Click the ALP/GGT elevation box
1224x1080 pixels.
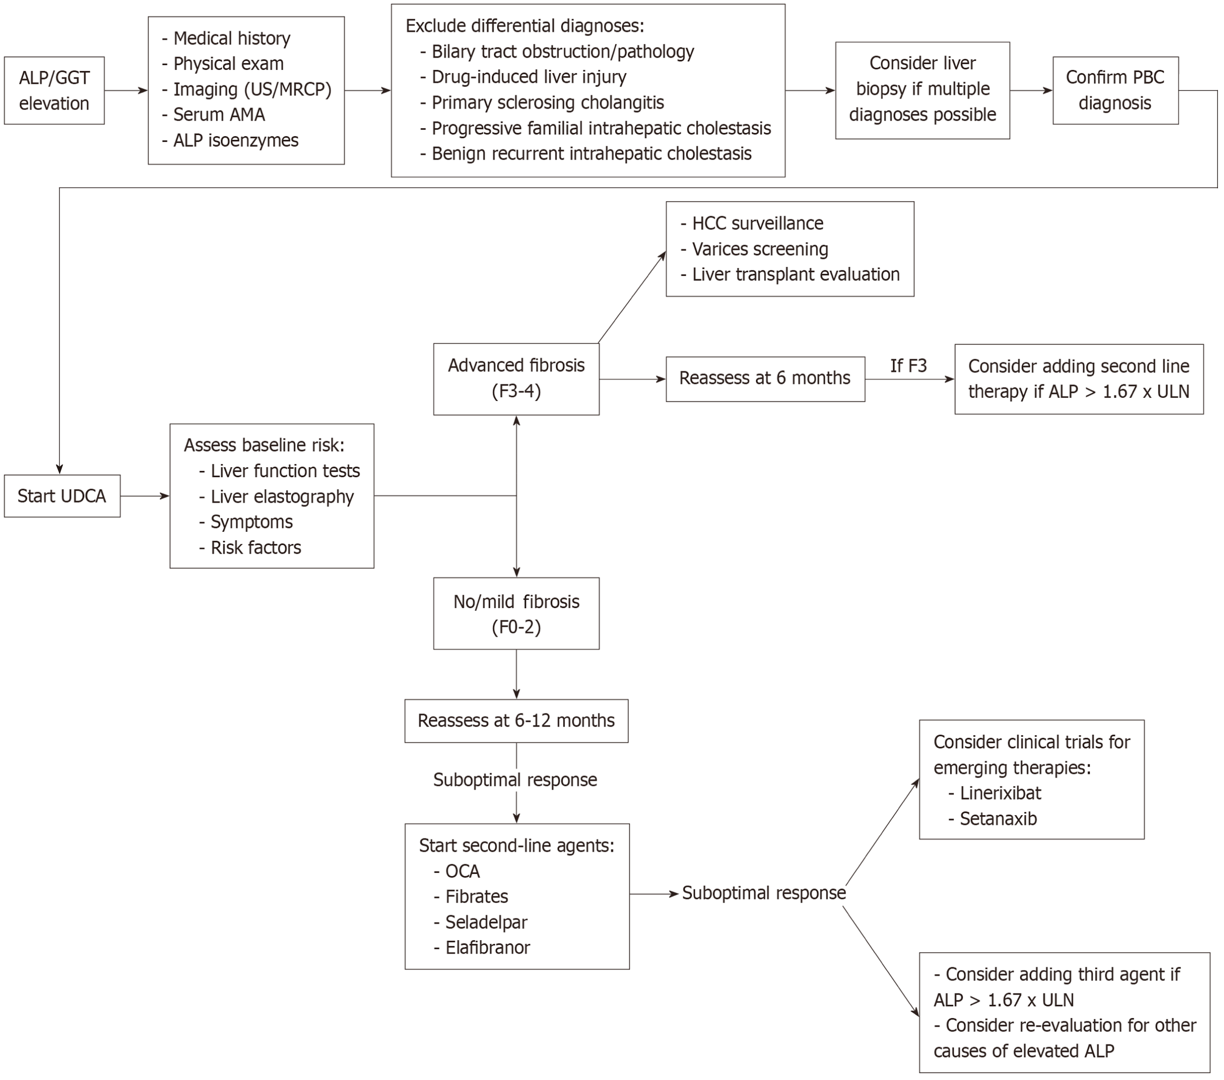[54, 90]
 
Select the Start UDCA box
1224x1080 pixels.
[62, 496]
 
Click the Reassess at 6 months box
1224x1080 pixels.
[765, 379]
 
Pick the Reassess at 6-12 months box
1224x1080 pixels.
[516, 721]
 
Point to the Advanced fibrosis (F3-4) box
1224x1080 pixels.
[516, 379]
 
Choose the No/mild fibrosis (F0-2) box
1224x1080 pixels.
[516, 614]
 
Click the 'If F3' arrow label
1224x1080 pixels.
[909, 366]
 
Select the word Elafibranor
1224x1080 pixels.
[488, 948]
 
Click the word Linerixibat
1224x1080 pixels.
[1001, 793]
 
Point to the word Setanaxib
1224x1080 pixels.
[998, 819]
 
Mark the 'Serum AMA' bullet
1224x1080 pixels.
[213, 114]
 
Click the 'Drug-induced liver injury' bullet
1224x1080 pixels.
[523, 77]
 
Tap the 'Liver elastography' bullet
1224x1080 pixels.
[276, 497]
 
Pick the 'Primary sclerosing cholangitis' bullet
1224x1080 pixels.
[542, 102]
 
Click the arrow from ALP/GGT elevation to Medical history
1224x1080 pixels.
[126, 90]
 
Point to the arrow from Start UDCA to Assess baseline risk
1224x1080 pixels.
[145, 496]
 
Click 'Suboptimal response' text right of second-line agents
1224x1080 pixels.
[764, 893]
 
